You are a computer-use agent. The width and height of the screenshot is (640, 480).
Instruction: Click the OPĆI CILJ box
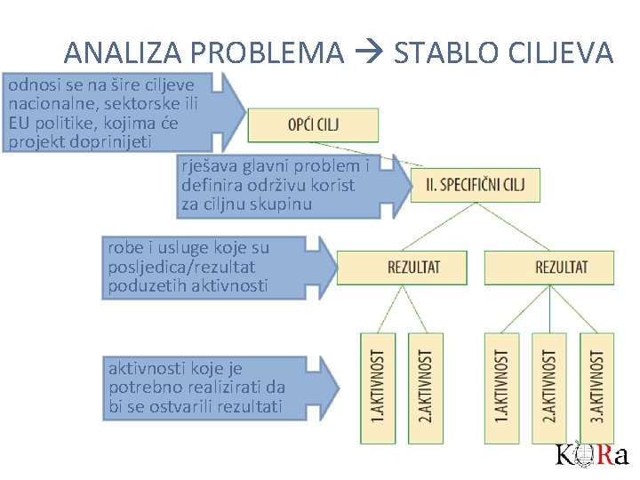click(x=313, y=124)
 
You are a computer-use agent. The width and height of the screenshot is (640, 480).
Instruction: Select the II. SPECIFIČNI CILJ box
click(x=476, y=185)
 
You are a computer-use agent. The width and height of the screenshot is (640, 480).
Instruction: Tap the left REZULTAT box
click(x=414, y=267)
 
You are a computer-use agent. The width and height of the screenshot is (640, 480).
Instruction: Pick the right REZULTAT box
click(x=562, y=267)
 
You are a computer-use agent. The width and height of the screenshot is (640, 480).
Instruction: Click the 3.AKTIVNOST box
click(x=596, y=387)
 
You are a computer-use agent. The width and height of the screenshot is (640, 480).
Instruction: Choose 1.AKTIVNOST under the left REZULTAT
click(x=378, y=387)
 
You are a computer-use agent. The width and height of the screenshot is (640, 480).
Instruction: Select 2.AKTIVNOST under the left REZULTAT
click(x=425, y=387)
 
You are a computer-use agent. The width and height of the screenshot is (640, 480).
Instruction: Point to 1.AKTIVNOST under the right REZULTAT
click(x=501, y=387)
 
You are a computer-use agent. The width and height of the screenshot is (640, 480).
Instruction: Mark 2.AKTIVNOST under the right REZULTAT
click(x=549, y=387)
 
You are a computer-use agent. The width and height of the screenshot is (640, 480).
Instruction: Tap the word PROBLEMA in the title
click(x=266, y=53)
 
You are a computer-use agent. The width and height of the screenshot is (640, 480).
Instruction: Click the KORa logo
click(x=592, y=455)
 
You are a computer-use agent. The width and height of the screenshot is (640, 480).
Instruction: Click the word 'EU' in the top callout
click(x=19, y=122)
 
